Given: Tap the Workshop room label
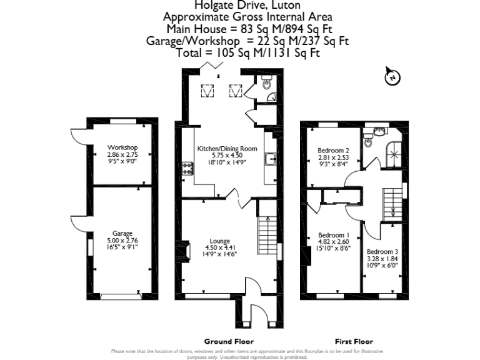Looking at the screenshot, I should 122,147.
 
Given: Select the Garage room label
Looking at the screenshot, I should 122,234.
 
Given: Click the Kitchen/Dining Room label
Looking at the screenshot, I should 227,149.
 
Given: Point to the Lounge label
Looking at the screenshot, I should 220,241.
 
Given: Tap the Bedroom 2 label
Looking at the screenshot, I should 333,151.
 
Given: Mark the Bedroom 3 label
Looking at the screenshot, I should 382,251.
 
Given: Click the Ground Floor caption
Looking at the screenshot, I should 229,341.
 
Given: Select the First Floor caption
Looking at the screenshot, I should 354,341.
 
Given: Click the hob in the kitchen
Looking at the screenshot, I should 186,167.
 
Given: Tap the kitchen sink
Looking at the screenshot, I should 271,160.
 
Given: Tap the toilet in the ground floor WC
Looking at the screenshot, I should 267,84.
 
